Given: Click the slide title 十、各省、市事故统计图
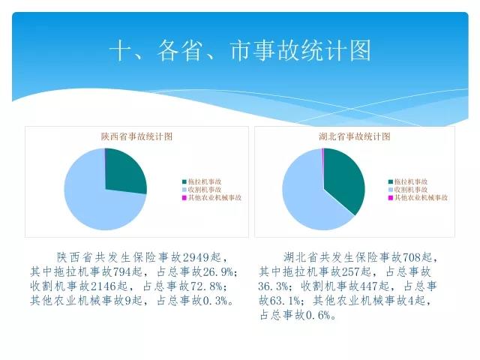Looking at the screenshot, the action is [240, 50].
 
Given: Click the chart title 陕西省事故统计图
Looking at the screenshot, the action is [136, 136].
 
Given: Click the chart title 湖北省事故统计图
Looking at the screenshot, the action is [355, 136].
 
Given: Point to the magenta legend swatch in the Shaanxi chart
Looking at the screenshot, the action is [184, 198].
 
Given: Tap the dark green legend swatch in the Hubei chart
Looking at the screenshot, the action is [390, 181].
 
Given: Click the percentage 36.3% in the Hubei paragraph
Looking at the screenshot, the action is [273, 286].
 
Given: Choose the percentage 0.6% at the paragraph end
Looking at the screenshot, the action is [318, 315].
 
